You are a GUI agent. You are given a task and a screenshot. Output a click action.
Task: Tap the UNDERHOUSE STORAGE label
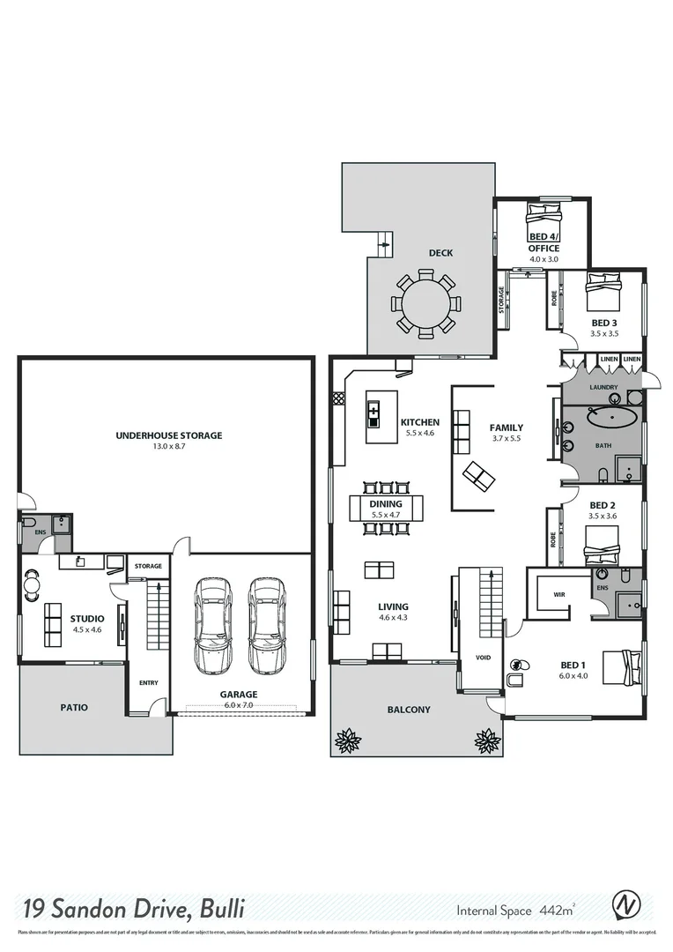pos(168,435)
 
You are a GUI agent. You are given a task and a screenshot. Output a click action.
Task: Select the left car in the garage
pos(212,624)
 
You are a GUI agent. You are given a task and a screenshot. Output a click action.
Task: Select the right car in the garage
pos(266,624)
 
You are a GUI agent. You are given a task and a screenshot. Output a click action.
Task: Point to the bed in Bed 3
pos(604,291)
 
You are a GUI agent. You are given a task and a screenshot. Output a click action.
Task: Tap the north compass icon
pos(626,905)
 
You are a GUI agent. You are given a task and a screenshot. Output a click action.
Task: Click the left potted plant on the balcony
pos(348,740)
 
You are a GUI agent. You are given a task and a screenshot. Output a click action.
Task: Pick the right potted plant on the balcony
pos(487,740)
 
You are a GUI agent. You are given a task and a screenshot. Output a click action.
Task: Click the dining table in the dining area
pos(386,508)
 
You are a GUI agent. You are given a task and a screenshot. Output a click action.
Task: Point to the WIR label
pos(558,595)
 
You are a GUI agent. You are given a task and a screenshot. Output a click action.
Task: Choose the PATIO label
pos(74,707)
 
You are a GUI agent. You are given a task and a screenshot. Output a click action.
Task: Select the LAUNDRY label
pos(603,387)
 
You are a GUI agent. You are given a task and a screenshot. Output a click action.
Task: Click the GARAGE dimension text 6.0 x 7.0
pos(238,705)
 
